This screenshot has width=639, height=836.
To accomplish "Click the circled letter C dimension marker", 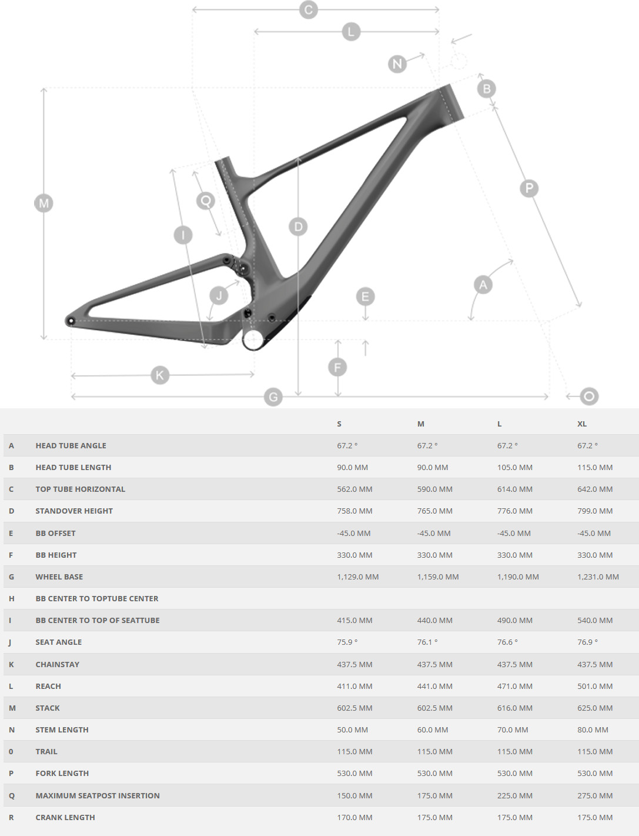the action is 308,9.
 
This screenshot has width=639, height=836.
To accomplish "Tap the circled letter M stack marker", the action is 44,203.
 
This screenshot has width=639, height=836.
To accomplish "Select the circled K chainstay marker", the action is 160,375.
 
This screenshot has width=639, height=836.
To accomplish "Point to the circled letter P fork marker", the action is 529,188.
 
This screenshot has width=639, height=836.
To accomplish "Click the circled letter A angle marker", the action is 483,285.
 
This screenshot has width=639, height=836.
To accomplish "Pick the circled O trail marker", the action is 589,397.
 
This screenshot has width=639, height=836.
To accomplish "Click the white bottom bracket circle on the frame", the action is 253,339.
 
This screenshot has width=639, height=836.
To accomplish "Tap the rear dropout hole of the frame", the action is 71,321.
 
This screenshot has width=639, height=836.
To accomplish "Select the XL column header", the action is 582,424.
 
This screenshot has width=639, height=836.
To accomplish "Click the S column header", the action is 339,424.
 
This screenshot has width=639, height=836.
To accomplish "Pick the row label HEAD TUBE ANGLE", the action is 71,445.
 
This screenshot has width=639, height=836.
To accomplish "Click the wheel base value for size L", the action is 518,577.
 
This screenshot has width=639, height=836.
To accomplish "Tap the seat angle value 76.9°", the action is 588,642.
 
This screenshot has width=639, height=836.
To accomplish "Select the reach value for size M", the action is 434,686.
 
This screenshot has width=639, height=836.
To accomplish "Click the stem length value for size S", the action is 353,730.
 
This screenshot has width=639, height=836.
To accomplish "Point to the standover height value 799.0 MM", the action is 595,511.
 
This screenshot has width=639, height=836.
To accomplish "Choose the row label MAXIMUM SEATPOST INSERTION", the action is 98,795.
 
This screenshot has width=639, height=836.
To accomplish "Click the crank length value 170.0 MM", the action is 354,817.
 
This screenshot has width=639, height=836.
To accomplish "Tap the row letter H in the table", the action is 11,599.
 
